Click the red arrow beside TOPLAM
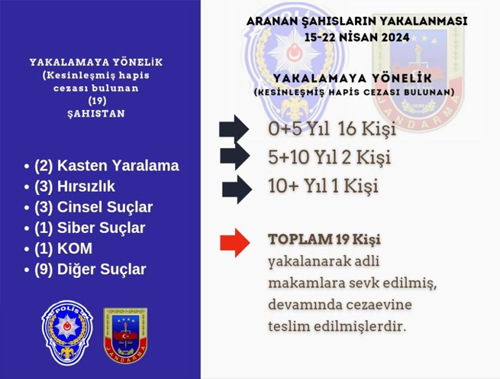click(235, 243)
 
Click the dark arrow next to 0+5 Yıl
click(234, 129)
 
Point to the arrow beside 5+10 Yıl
click(235, 156)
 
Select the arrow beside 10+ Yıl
click(237, 189)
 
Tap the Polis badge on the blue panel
click(67, 332)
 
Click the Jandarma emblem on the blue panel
click(125, 336)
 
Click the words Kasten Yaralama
click(118, 165)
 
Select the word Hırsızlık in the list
click(85, 186)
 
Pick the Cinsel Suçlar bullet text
click(105, 207)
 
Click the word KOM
click(75, 248)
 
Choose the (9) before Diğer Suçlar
click(44, 270)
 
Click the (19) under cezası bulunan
click(97, 101)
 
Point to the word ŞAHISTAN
click(96, 114)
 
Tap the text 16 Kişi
click(367, 129)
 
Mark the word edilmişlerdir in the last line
click(360, 326)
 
